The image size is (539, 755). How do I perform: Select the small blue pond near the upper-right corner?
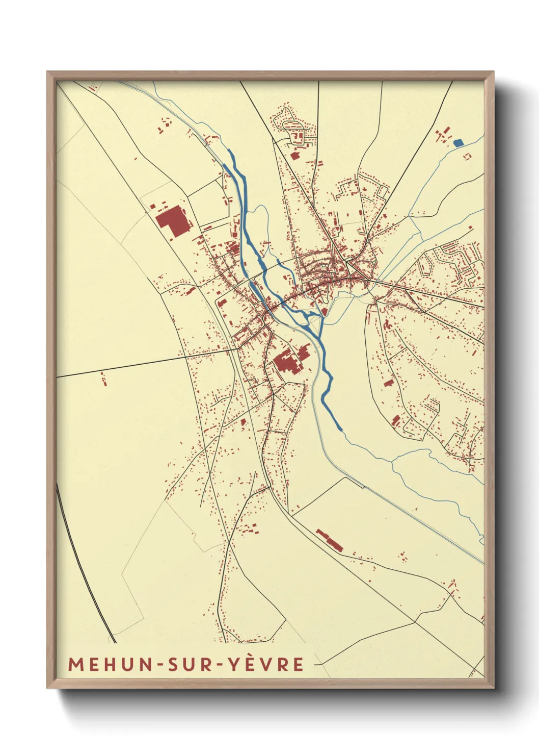coord(459,143)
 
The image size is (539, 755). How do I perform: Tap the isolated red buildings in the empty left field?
coord(104,379)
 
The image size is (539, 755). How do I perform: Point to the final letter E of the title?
coord(298,664)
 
